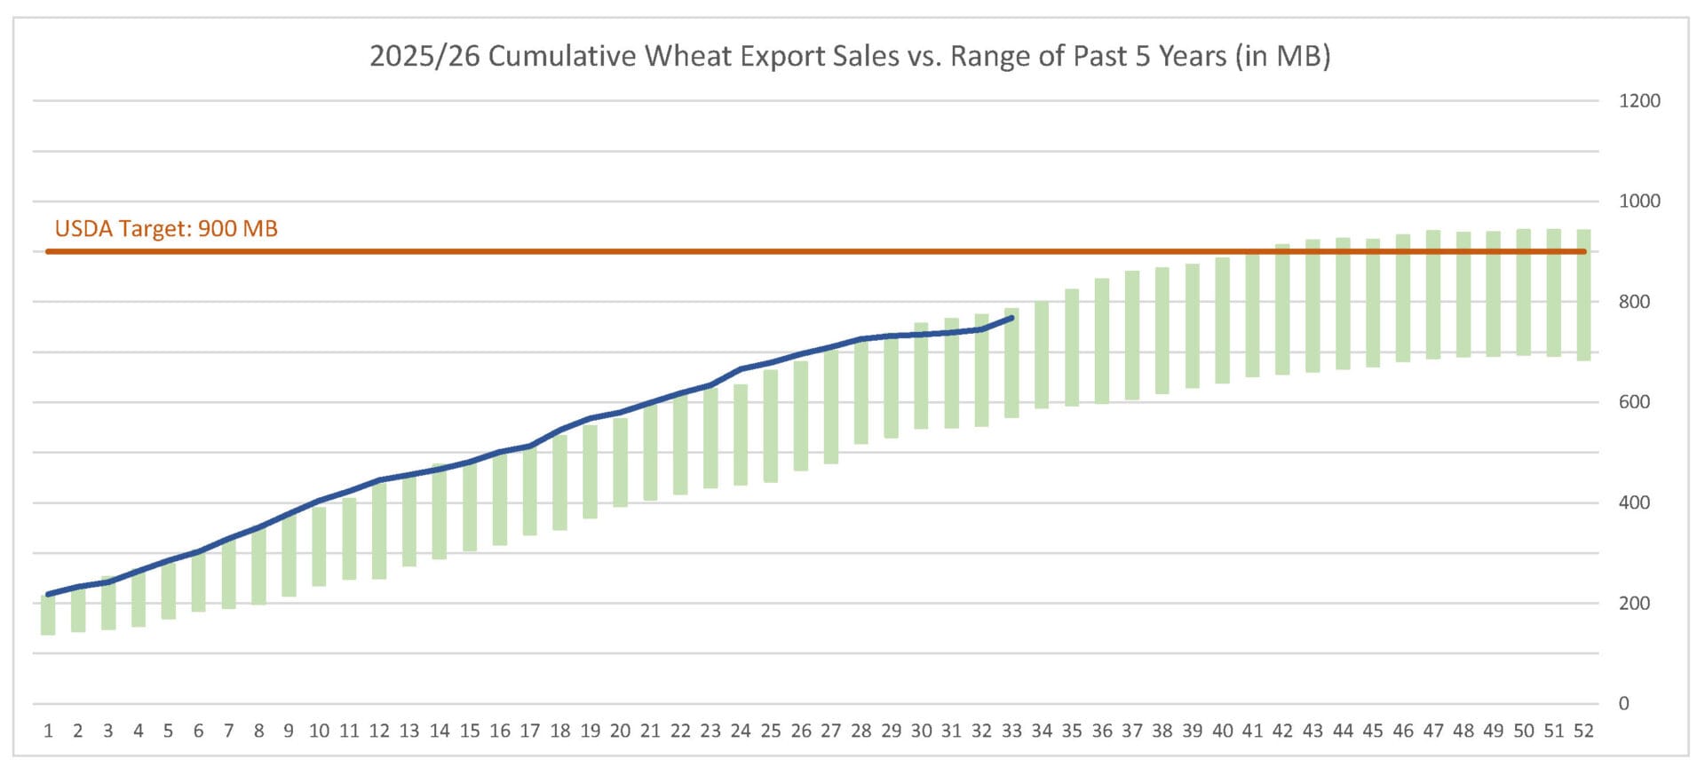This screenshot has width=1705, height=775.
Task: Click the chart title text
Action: pyautogui.click(x=850, y=56)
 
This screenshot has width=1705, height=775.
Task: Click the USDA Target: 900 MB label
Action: pyautogui.click(x=166, y=229)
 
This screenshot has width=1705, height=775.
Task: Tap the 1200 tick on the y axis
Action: pyautogui.click(x=1638, y=101)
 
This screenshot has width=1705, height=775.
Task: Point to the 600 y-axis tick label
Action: pyautogui.click(x=1634, y=402)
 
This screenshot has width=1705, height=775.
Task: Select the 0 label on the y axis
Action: pyautogui.click(x=1623, y=704)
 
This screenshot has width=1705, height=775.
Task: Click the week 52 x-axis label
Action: pyautogui.click(x=1582, y=732)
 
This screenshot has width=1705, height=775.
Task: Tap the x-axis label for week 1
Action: pyautogui.click(x=48, y=732)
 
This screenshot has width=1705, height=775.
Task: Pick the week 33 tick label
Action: pyautogui.click(x=1011, y=732)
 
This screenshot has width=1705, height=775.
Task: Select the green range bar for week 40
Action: pyautogui.click(x=1222, y=320)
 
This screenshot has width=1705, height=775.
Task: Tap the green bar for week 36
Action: pyautogui.click(x=1102, y=342)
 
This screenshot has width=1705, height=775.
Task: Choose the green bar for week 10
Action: pyautogui.click(x=319, y=546)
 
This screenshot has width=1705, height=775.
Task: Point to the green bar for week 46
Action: pyautogui.click(x=1403, y=298)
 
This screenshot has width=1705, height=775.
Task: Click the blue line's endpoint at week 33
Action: pyautogui.click(x=1011, y=318)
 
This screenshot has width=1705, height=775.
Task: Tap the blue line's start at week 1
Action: pyautogui.click(x=48, y=594)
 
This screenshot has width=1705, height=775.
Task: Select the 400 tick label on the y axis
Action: pyautogui.click(x=1634, y=502)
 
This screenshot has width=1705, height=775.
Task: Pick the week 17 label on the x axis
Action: pyautogui.click(x=529, y=732)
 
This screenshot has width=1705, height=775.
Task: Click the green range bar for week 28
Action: pyautogui.click(x=860, y=391)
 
